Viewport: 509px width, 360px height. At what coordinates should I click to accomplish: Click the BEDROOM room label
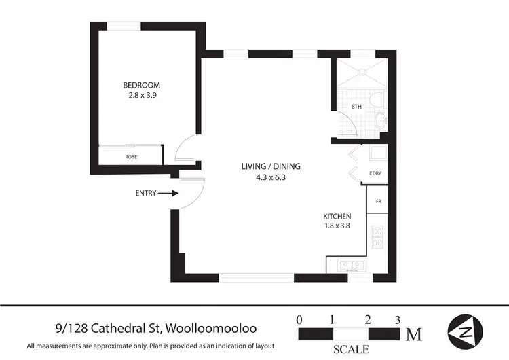pyautogui.click(x=141, y=85)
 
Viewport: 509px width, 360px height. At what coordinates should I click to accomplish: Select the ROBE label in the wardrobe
pyautogui.click(x=130, y=157)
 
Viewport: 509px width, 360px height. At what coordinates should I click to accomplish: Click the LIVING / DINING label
pyautogui.click(x=271, y=166)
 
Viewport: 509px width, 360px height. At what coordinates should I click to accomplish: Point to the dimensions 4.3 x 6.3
pyautogui.click(x=271, y=178)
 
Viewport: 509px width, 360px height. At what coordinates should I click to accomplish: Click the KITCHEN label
pyautogui.click(x=337, y=216)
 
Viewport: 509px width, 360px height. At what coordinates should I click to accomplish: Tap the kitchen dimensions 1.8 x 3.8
pyautogui.click(x=337, y=227)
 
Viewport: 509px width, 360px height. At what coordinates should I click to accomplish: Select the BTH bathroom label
pyautogui.click(x=356, y=107)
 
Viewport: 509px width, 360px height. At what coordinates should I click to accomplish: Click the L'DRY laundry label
pyautogui.click(x=375, y=173)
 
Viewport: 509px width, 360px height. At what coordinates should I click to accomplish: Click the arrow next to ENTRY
pyautogui.click(x=170, y=193)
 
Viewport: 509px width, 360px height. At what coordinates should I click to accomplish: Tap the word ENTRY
pyautogui.click(x=146, y=193)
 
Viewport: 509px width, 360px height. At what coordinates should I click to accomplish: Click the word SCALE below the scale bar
pyautogui.click(x=351, y=350)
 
